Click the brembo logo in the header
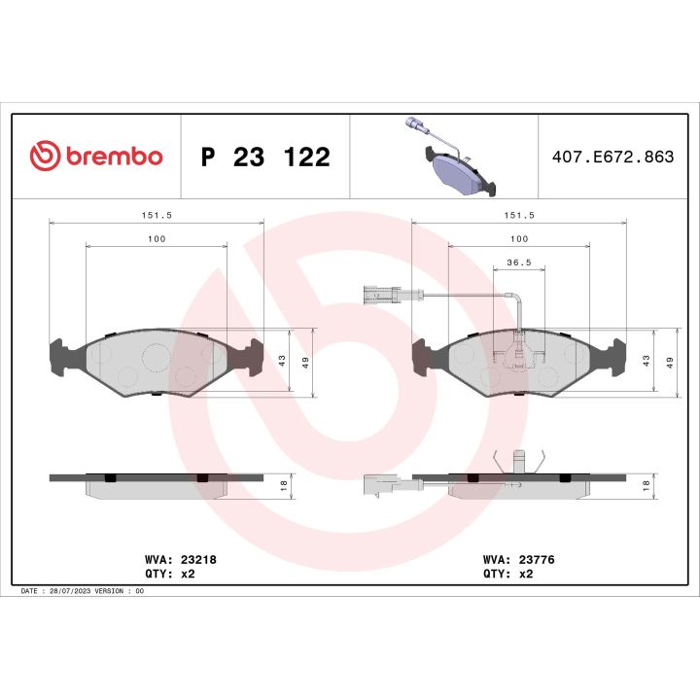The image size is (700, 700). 96,157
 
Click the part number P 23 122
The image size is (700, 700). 264,157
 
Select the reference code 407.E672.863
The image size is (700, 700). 612,157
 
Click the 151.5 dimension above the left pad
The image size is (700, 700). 156,215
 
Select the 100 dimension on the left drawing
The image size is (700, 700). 156,238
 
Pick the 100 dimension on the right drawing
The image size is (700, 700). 519,238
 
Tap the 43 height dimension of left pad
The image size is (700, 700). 282,360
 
